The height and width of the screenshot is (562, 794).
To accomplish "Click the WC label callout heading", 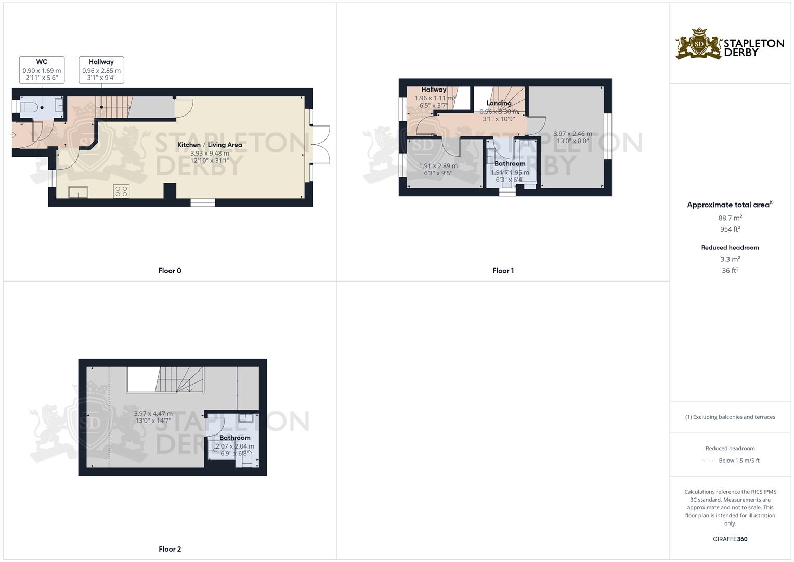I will point(42,62).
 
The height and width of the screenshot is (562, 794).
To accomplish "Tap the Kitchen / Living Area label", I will point(210,145).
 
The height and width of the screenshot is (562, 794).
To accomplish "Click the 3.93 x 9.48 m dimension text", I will point(210,154).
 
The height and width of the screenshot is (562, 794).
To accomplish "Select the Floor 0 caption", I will point(170,271).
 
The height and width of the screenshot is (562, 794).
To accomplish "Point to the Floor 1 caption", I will point(503,271).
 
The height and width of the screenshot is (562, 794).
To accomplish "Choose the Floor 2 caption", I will point(170,549).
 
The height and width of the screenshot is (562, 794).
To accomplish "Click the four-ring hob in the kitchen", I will point(121,191).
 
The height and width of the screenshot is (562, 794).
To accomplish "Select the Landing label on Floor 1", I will point(499,103).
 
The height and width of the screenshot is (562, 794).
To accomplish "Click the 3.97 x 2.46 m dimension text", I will point(572,134).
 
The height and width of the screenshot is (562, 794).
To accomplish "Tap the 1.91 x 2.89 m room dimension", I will point(438,166).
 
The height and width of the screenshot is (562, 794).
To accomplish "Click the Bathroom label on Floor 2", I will point(235,438).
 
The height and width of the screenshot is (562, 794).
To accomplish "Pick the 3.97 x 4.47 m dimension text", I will point(153,414).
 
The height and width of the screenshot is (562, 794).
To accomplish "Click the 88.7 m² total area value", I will point(730,218).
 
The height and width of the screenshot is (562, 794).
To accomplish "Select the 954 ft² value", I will point(730,229).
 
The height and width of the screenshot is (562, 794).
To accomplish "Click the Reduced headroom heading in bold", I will point(730,248).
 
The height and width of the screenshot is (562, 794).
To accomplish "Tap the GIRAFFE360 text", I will point(730,539).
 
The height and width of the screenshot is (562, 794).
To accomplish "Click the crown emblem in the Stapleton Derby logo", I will point(699,32).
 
